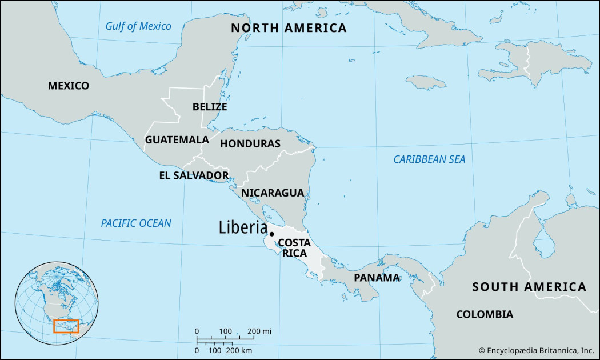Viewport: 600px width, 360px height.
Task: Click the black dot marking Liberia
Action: click(272, 234)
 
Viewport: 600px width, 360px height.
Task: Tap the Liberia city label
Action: click(243, 227)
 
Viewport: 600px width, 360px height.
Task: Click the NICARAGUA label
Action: click(272, 193)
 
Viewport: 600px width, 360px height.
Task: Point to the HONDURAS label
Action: click(250, 143)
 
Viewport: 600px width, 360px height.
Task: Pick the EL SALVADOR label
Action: click(194, 175)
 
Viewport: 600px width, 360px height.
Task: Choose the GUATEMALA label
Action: click(177, 139)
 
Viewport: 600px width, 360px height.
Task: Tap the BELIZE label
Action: click(210, 107)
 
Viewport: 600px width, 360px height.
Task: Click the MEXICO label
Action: click(69, 86)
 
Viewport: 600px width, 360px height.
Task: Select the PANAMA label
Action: click(377, 278)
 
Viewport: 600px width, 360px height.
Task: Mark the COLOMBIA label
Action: click(484, 314)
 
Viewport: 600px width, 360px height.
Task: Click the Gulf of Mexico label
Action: click(138, 26)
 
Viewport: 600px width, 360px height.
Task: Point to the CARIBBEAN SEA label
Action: click(429, 159)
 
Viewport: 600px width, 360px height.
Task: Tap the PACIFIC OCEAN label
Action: click(136, 223)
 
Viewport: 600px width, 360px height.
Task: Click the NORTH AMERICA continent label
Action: click(288, 28)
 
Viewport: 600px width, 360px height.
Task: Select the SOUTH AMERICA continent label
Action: click(529, 287)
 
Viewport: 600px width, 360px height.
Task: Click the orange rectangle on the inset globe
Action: click(66, 326)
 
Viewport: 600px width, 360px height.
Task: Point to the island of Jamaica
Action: click(426, 82)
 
